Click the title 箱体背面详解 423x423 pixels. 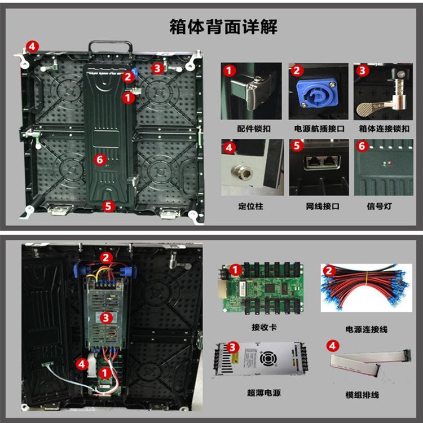[x=223, y=27]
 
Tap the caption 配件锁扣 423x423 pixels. [x=254, y=129]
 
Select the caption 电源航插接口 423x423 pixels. [x=319, y=129]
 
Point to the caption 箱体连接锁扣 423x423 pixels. [x=384, y=129]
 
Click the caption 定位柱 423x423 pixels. [x=250, y=206]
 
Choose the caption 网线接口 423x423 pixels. [x=323, y=206]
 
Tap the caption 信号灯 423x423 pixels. [x=379, y=206]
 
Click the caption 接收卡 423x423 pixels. [x=264, y=327]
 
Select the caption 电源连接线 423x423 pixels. [x=367, y=329]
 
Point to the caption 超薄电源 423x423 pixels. [x=264, y=393]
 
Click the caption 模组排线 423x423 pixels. [x=362, y=395]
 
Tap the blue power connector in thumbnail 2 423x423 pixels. [x=317, y=92]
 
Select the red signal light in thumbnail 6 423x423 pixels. [x=389, y=163]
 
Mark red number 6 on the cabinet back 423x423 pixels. [x=100, y=160]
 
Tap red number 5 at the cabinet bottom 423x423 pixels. [x=108, y=206]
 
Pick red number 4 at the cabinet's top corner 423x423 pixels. [x=32, y=47]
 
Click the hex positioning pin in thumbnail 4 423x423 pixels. [x=243, y=171]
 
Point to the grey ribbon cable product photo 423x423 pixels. [x=371, y=360]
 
